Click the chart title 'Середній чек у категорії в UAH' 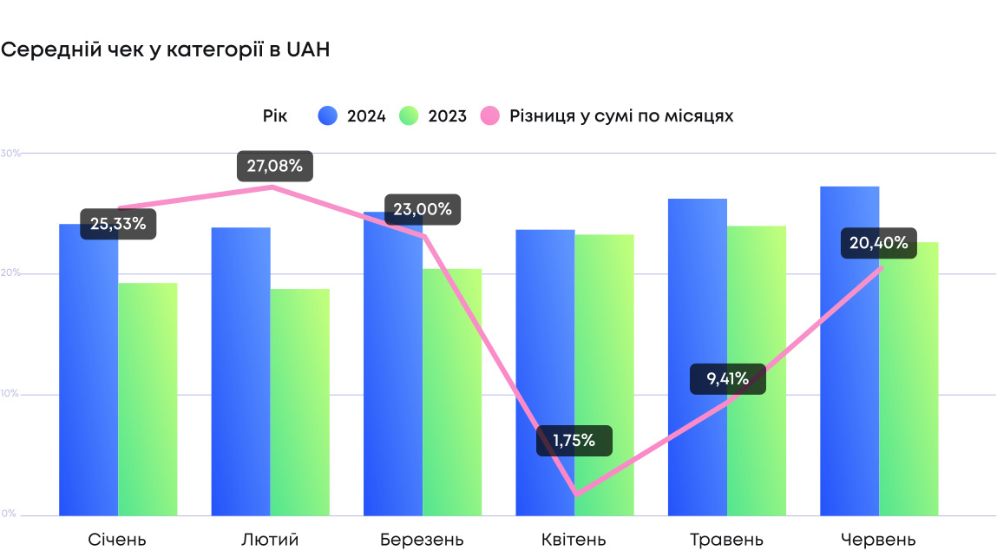[165, 50]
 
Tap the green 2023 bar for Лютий [299, 403]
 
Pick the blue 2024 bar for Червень [849, 364]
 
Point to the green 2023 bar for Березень [452, 390]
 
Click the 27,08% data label [275, 167]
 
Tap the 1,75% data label [574, 441]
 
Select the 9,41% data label [728, 378]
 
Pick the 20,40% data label [879, 243]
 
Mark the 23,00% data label [423, 209]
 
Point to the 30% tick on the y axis [10, 154]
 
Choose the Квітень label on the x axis [574, 540]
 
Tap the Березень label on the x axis [422, 540]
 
